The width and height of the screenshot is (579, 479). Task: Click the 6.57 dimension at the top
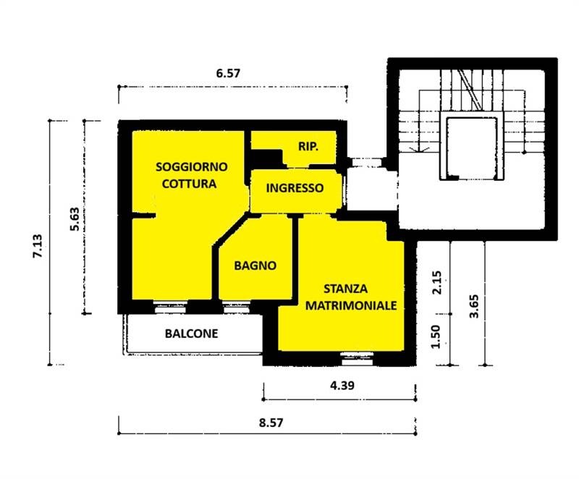(x=228, y=73)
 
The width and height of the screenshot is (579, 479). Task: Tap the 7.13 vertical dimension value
(x=38, y=246)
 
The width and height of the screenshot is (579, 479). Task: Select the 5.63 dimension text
(x=75, y=219)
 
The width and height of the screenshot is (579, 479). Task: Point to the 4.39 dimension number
(x=342, y=386)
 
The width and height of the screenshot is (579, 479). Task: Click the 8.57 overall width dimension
(x=271, y=423)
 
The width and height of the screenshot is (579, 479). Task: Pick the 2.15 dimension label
(x=437, y=282)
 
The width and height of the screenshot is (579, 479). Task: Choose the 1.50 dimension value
(x=436, y=336)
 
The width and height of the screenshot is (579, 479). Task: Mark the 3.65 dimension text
(x=474, y=306)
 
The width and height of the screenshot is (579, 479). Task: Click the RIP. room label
(x=308, y=146)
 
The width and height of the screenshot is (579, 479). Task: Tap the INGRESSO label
(x=295, y=188)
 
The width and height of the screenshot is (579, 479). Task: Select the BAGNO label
(x=255, y=266)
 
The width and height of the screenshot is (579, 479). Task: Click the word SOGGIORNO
(x=191, y=167)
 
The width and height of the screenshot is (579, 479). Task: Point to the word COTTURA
(x=189, y=184)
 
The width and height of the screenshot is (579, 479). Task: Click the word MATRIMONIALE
(x=351, y=305)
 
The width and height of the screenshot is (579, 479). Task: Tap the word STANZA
(x=346, y=289)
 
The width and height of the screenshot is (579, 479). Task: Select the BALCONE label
(x=191, y=334)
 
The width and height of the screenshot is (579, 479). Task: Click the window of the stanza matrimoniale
(x=357, y=358)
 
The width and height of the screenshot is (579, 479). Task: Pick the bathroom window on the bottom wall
(x=237, y=307)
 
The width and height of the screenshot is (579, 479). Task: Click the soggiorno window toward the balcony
(x=170, y=307)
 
